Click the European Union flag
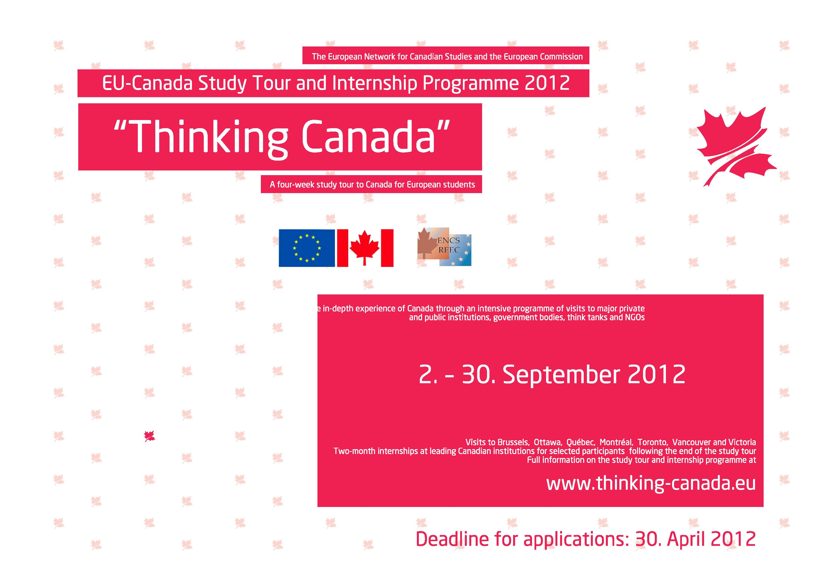pos(307,248)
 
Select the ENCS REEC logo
pos(444,246)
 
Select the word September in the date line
pos(561,375)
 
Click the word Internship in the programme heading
pos(375,83)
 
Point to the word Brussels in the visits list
pos(513,442)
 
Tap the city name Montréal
pos(616,442)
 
